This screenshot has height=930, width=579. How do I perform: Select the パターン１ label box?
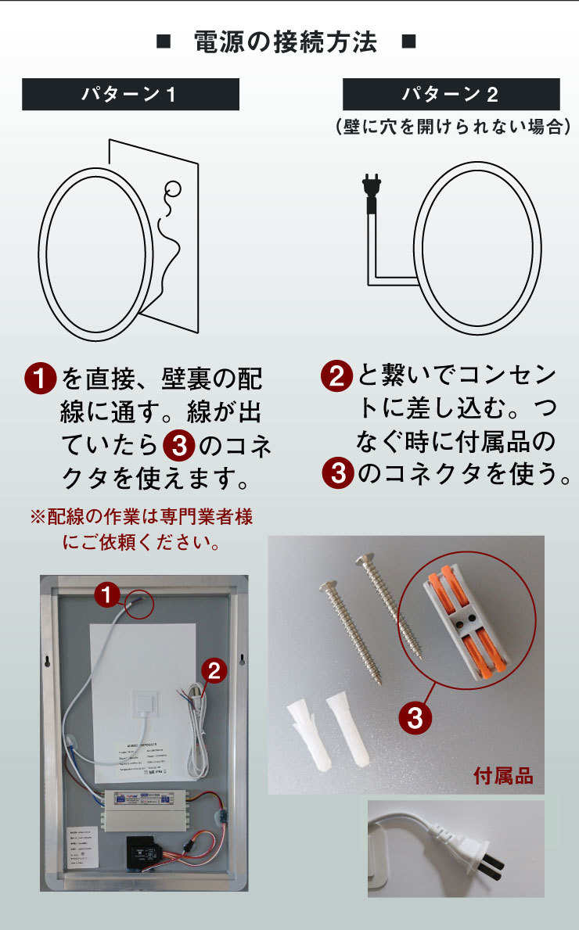tap(130, 95)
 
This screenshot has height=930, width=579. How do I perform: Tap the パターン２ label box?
tap(451, 95)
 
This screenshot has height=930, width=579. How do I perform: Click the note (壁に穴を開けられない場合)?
tap(451, 126)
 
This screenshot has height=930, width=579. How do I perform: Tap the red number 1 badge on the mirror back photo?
tap(107, 595)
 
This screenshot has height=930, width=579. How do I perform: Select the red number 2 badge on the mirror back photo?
tap(214, 670)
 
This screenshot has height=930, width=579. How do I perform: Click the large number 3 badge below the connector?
tap(415, 717)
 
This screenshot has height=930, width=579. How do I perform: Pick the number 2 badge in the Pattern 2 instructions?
tap(336, 377)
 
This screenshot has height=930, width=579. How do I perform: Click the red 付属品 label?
tap(503, 776)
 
